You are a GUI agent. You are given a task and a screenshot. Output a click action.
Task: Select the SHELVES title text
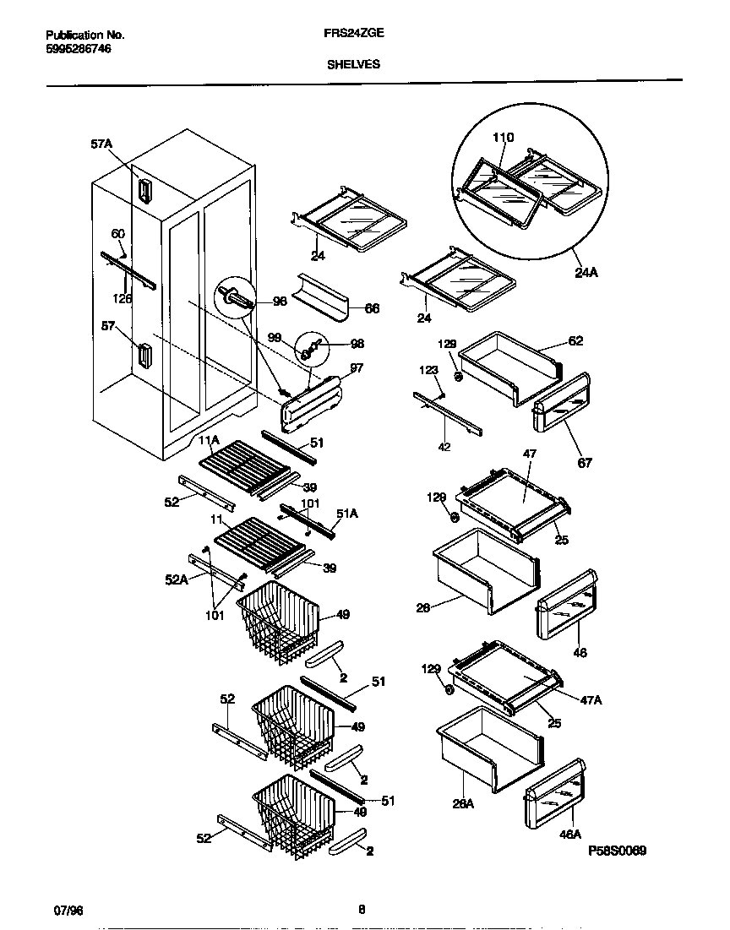click(x=353, y=63)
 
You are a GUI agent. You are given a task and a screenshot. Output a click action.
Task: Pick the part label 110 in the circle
click(x=503, y=138)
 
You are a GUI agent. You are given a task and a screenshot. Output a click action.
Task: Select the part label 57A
click(x=101, y=144)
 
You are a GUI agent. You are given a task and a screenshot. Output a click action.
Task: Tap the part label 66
click(x=372, y=309)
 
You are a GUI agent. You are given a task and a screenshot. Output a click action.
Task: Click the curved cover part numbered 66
click(x=321, y=296)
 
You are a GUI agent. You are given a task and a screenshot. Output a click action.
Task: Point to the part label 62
click(x=575, y=341)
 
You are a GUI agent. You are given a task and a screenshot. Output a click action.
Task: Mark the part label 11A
click(x=209, y=441)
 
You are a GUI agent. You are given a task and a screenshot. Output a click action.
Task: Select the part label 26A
click(x=463, y=804)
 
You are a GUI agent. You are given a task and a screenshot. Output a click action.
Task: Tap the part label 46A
click(x=570, y=835)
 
